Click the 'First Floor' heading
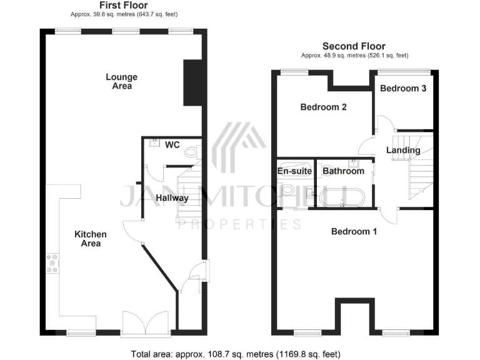122,6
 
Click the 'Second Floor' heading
354,46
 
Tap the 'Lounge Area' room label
121,81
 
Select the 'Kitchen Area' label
91,239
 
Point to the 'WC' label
172,145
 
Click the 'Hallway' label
172,198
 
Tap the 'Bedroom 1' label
354,232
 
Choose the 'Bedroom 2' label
323,107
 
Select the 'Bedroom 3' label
403,89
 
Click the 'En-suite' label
294,171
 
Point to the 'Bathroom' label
343,171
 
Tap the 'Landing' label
403,150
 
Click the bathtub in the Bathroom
341,197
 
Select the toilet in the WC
192,151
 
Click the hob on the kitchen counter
52,264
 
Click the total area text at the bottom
236,354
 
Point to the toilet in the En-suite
288,190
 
